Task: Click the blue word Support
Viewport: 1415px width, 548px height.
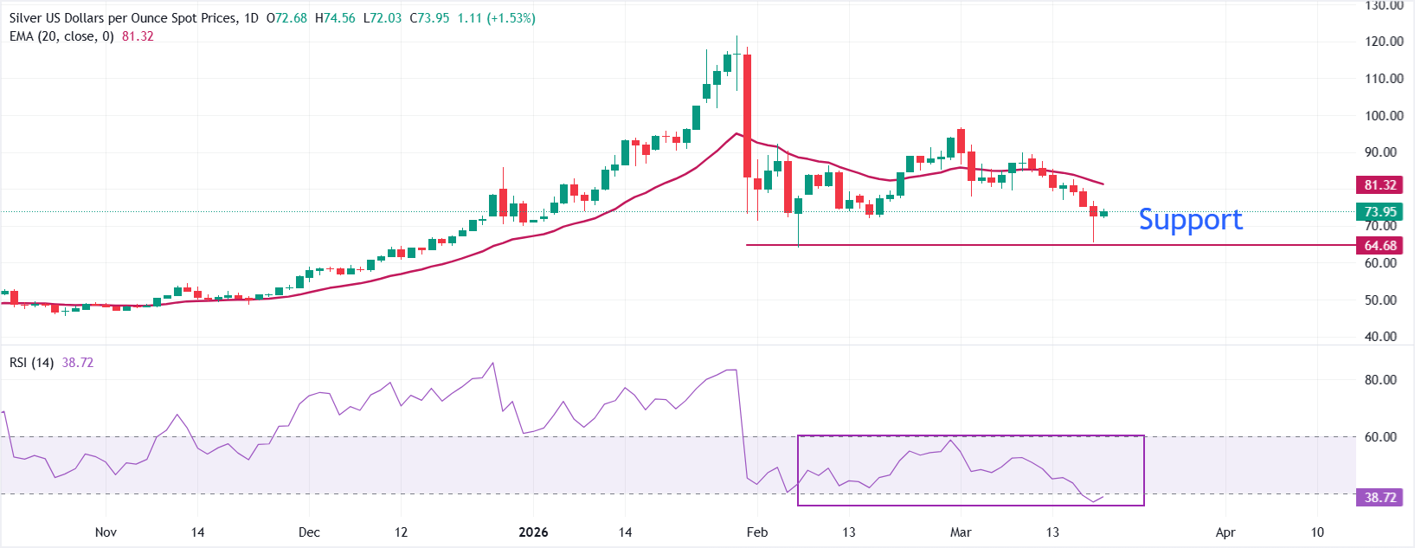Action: click(x=1190, y=220)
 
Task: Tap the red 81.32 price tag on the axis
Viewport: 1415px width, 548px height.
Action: click(x=1380, y=185)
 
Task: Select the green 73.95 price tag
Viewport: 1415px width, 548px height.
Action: click(x=1380, y=212)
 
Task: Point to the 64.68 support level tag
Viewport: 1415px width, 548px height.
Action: click(x=1380, y=246)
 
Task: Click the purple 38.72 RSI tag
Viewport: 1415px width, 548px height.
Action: click(x=1380, y=498)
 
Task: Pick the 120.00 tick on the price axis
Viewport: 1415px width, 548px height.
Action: click(x=1384, y=42)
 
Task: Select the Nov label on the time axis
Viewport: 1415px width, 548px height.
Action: click(x=106, y=532)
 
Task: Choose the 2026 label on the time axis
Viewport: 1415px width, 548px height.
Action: click(x=533, y=532)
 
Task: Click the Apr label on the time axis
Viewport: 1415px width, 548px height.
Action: click(x=1225, y=532)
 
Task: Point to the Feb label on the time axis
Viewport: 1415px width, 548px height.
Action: click(x=756, y=532)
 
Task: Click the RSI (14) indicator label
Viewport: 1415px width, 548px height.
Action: click(x=31, y=363)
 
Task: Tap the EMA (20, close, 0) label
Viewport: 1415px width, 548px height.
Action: click(x=61, y=36)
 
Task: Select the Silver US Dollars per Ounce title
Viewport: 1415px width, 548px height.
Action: click(x=121, y=18)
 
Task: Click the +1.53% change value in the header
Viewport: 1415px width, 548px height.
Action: click(x=511, y=18)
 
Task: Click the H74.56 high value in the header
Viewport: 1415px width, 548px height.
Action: click(x=335, y=18)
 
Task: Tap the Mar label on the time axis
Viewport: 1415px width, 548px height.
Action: click(x=960, y=532)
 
